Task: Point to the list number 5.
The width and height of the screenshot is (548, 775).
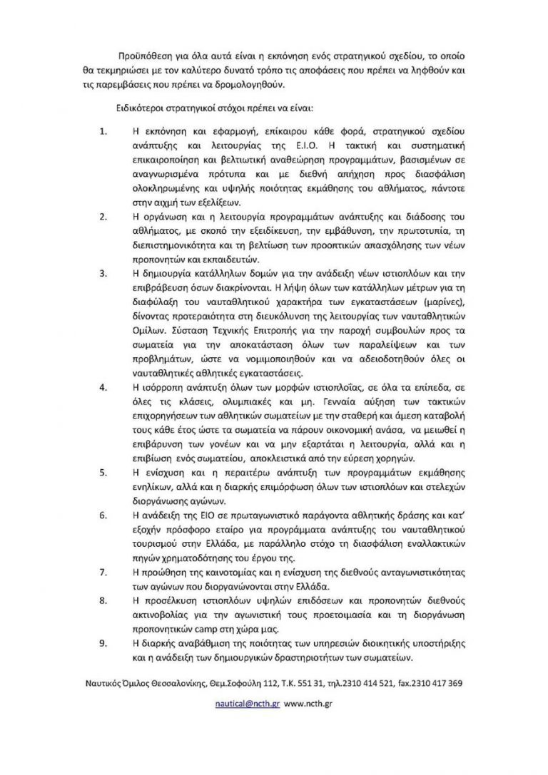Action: pyautogui.click(x=103, y=473)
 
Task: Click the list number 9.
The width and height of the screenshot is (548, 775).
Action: pyautogui.click(x=103, y=645)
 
